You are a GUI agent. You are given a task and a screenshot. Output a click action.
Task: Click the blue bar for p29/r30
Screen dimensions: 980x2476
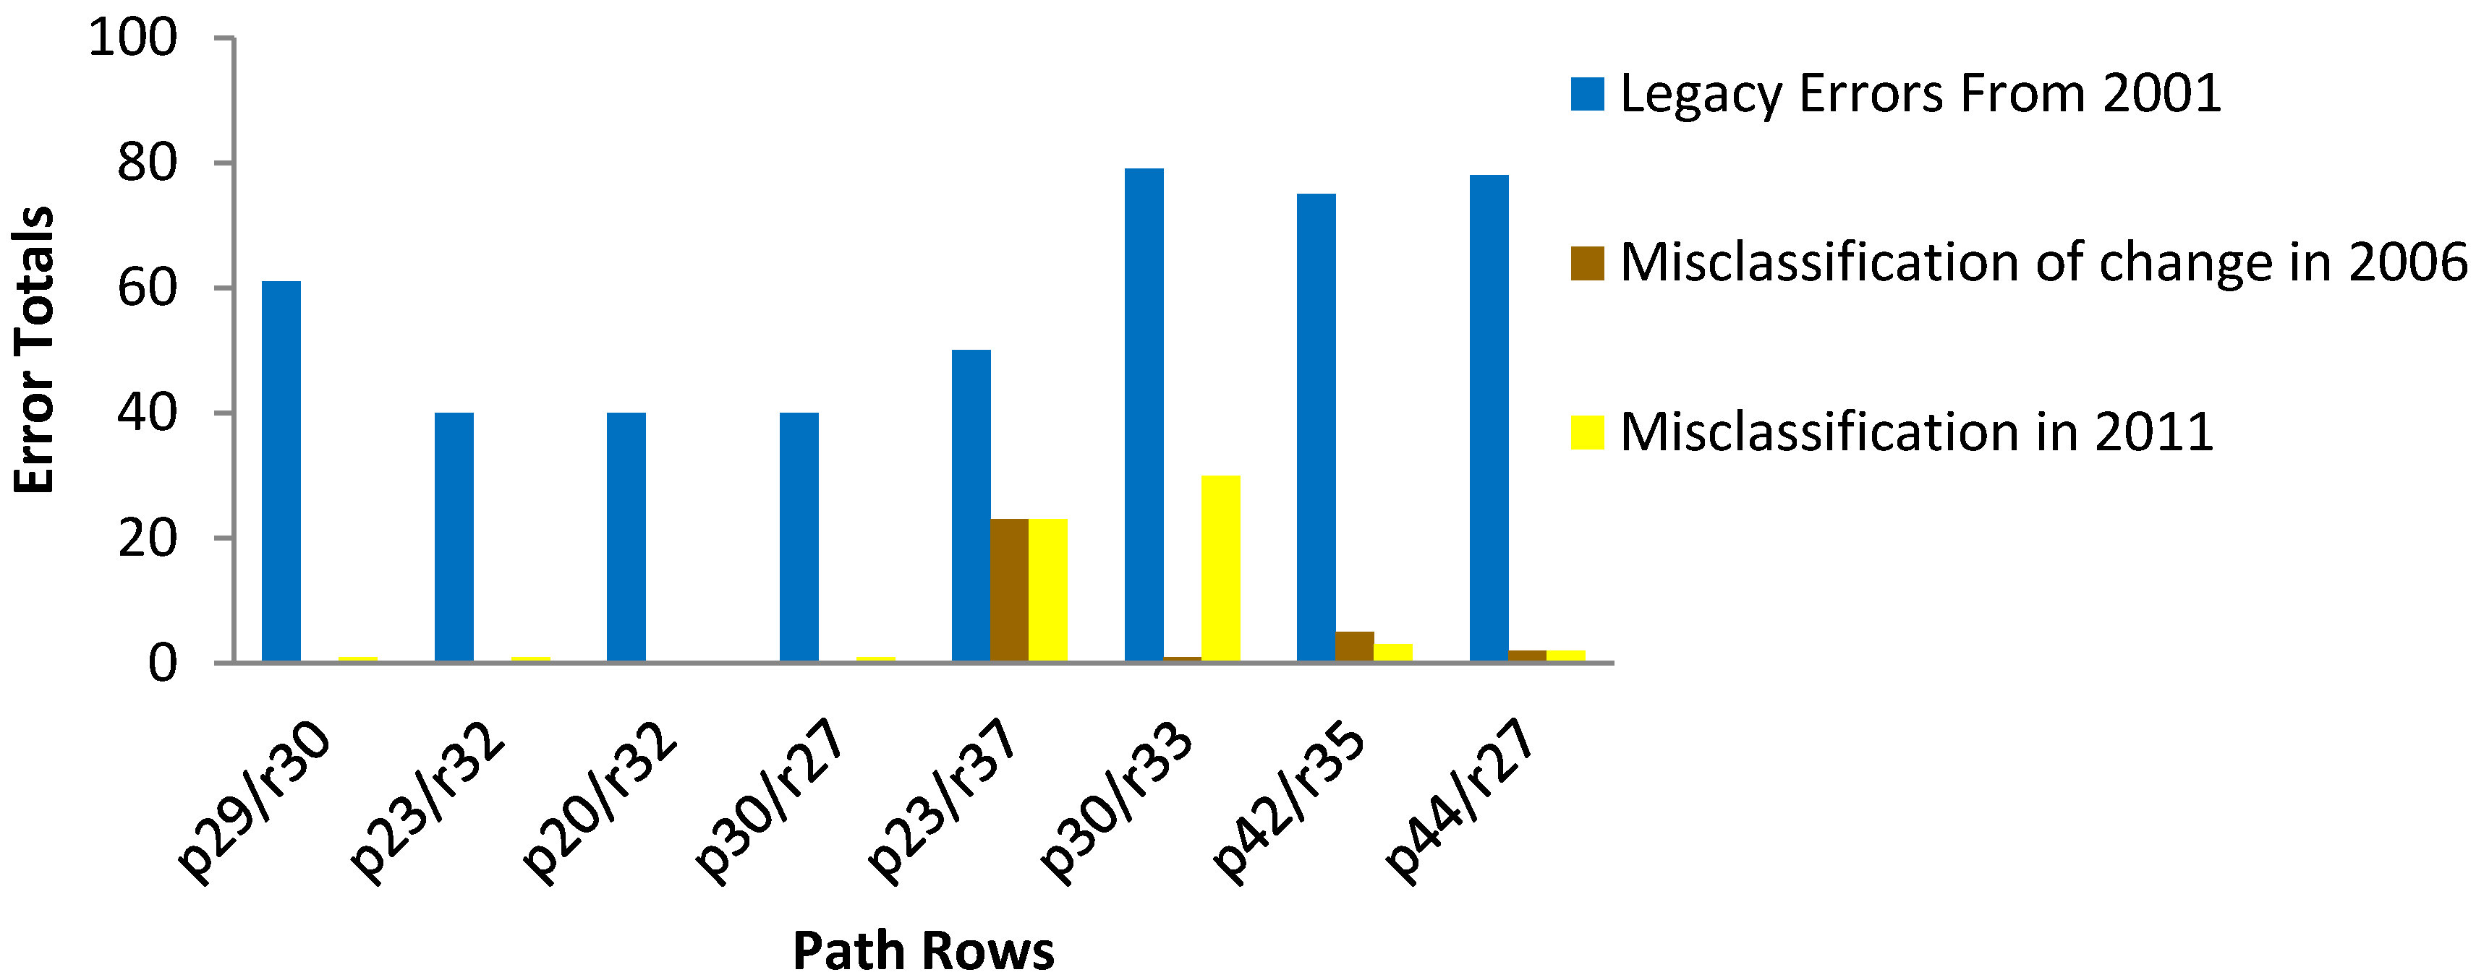(281, 470)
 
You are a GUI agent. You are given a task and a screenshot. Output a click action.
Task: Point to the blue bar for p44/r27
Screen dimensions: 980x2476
(1489, 418)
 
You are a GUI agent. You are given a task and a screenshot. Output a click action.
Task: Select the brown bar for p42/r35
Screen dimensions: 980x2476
(1354, 647)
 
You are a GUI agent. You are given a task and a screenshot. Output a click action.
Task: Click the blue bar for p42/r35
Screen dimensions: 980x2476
(1316, 428)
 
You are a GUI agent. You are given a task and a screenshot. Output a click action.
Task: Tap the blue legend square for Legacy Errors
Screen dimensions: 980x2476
(1587, 94)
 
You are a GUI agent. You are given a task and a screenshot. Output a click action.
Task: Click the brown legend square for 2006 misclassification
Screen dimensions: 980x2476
(1587, 263)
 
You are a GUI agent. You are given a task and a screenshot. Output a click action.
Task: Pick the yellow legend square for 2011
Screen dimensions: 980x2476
(1587, 432)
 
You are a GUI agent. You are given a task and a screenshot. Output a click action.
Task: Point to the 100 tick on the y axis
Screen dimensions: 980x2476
(132, 38)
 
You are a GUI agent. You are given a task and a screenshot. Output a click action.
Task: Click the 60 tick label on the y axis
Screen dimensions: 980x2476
(147, 288)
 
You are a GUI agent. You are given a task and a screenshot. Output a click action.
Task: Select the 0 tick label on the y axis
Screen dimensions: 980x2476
(163, 663)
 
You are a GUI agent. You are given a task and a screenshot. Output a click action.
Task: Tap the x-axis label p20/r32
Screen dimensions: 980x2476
(601, 802)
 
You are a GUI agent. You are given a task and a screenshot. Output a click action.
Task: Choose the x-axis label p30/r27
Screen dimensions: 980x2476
(771, 802)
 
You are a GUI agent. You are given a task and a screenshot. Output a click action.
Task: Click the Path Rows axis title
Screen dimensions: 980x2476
(923, 951)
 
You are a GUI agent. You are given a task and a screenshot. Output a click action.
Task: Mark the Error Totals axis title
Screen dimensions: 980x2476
(35, 351)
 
